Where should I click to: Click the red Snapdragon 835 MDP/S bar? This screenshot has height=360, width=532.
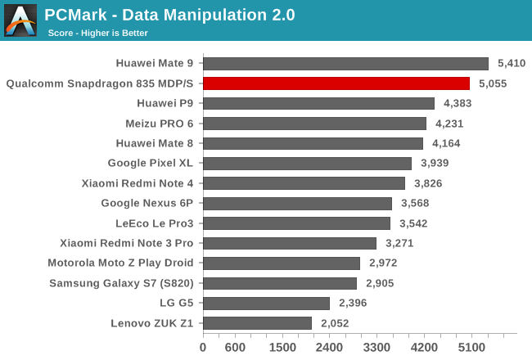pos(336,83)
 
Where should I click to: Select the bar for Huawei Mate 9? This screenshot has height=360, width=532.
pos(345,63)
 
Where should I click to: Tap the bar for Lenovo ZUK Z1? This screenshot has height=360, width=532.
pos(257,323)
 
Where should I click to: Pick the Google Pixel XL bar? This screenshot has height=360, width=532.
pos(307,163)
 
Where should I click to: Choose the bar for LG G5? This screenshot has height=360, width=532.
pos(266,303)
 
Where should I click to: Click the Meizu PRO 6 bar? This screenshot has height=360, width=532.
pos(314,124)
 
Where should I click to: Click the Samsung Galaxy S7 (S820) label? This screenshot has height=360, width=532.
pos(121,283)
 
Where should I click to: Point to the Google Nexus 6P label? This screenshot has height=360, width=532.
pos(147,203)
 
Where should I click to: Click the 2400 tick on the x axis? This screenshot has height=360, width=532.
pos(330,347)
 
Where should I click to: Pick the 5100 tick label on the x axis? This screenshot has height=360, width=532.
pos(472,347)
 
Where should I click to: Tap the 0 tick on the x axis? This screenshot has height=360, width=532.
pos(203,347)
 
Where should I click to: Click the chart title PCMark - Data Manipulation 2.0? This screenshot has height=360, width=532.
pos(169,14)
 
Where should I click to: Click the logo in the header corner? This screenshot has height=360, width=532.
pos(20,20)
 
